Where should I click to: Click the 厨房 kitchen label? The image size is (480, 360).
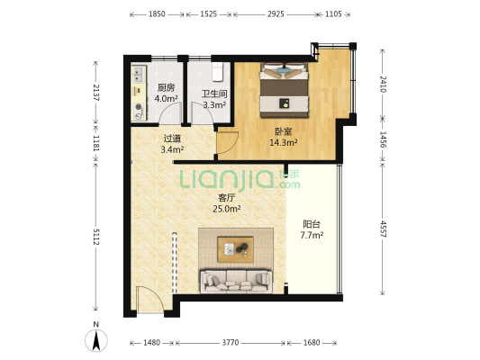click(167, 88)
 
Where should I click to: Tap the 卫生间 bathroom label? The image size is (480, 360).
click(214, 94)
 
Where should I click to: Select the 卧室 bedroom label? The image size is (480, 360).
click(284, 131)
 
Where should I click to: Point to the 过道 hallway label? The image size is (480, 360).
click(172, 139)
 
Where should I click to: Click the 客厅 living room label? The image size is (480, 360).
click(226, 198)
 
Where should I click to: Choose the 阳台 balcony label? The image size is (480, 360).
click(312, 224)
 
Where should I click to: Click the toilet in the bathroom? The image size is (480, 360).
click(217, 72)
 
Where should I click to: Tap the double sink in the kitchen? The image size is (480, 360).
click(139, 75)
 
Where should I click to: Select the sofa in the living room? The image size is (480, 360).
click(236, 281)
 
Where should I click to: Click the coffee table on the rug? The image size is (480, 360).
click(235, 249)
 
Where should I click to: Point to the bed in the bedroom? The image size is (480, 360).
click(284, 90)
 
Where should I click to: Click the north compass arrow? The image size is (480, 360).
click(96, 340)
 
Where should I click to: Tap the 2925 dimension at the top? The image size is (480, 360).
click(276, 14)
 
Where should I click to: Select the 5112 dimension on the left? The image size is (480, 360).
click(95, 237)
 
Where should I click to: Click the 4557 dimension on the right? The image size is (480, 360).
click(383, 229)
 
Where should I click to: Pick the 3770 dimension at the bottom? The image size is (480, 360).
click(231, 343)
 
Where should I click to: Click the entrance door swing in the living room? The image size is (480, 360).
click(149, 300)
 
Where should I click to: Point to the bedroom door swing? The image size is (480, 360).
click(228, 142)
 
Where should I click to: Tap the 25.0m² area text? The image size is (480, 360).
click(227, 209)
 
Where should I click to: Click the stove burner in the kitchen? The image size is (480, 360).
click(139, 107)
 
